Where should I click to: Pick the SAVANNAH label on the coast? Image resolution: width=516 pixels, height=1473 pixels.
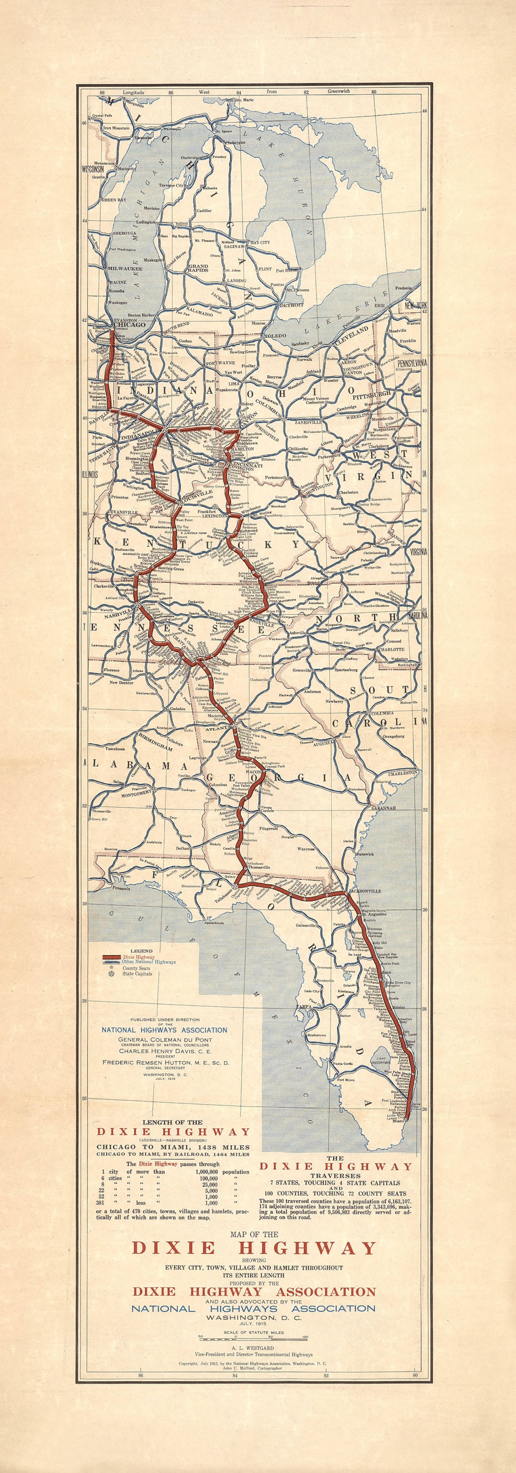[383, 808]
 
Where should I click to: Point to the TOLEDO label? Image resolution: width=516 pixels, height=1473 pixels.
[275, 335]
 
